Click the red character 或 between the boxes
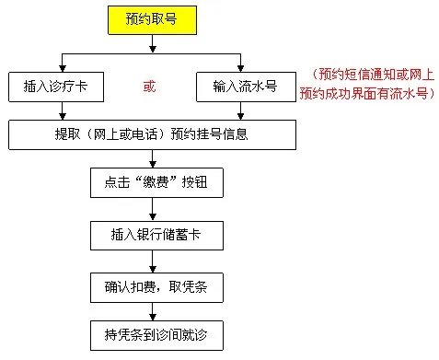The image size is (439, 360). click(150, 87)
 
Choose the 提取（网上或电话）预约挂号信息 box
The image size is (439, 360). click(153, 135)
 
